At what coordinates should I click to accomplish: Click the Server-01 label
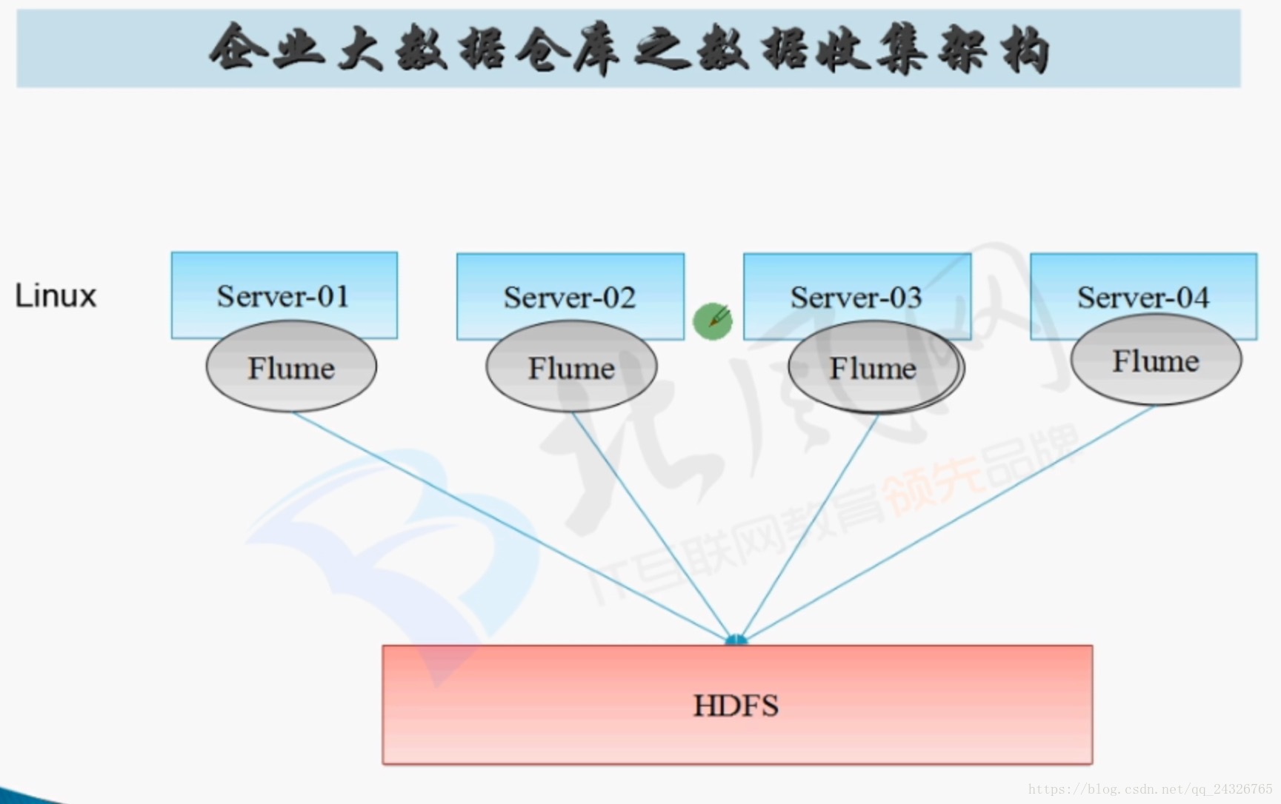[x=283, y=297]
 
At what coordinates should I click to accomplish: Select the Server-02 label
[x=570, y=298]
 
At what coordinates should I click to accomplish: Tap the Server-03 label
[x=856, y=298]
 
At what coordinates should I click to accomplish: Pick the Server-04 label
[x=1143, y=298]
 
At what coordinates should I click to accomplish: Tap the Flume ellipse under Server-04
[x=1156, y=361]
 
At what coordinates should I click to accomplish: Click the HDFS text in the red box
[x=736, y=706]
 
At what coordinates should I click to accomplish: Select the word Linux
[x=56, y=296]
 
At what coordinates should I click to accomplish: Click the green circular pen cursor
[x=713, y=321]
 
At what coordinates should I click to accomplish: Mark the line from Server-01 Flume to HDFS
[x=511, y=525]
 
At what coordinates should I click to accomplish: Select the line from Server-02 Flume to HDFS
[x=652, y=525]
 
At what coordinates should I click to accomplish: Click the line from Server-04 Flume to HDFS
[x=948, y=525]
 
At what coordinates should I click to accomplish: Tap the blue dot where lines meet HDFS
[x=736, y=640]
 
